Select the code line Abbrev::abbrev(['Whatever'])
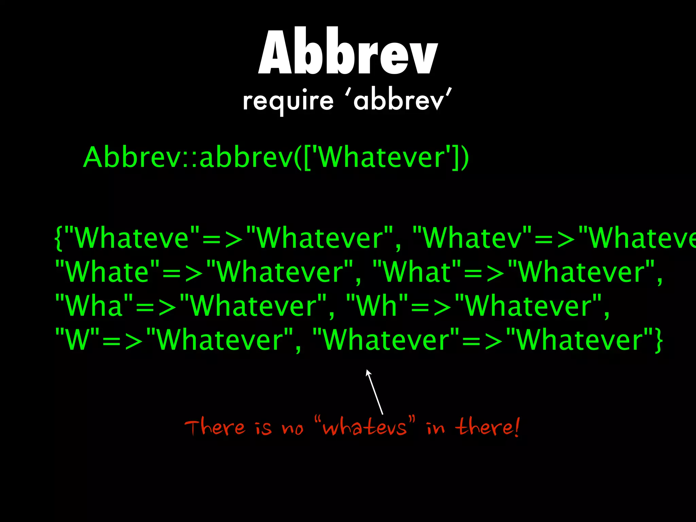point(276,157)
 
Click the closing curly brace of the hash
point(659,341)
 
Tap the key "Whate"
point(107,272)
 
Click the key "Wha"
point(94,306)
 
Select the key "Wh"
point(377,306)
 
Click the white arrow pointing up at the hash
point(374,391)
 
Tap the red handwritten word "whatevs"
point(365,427)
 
